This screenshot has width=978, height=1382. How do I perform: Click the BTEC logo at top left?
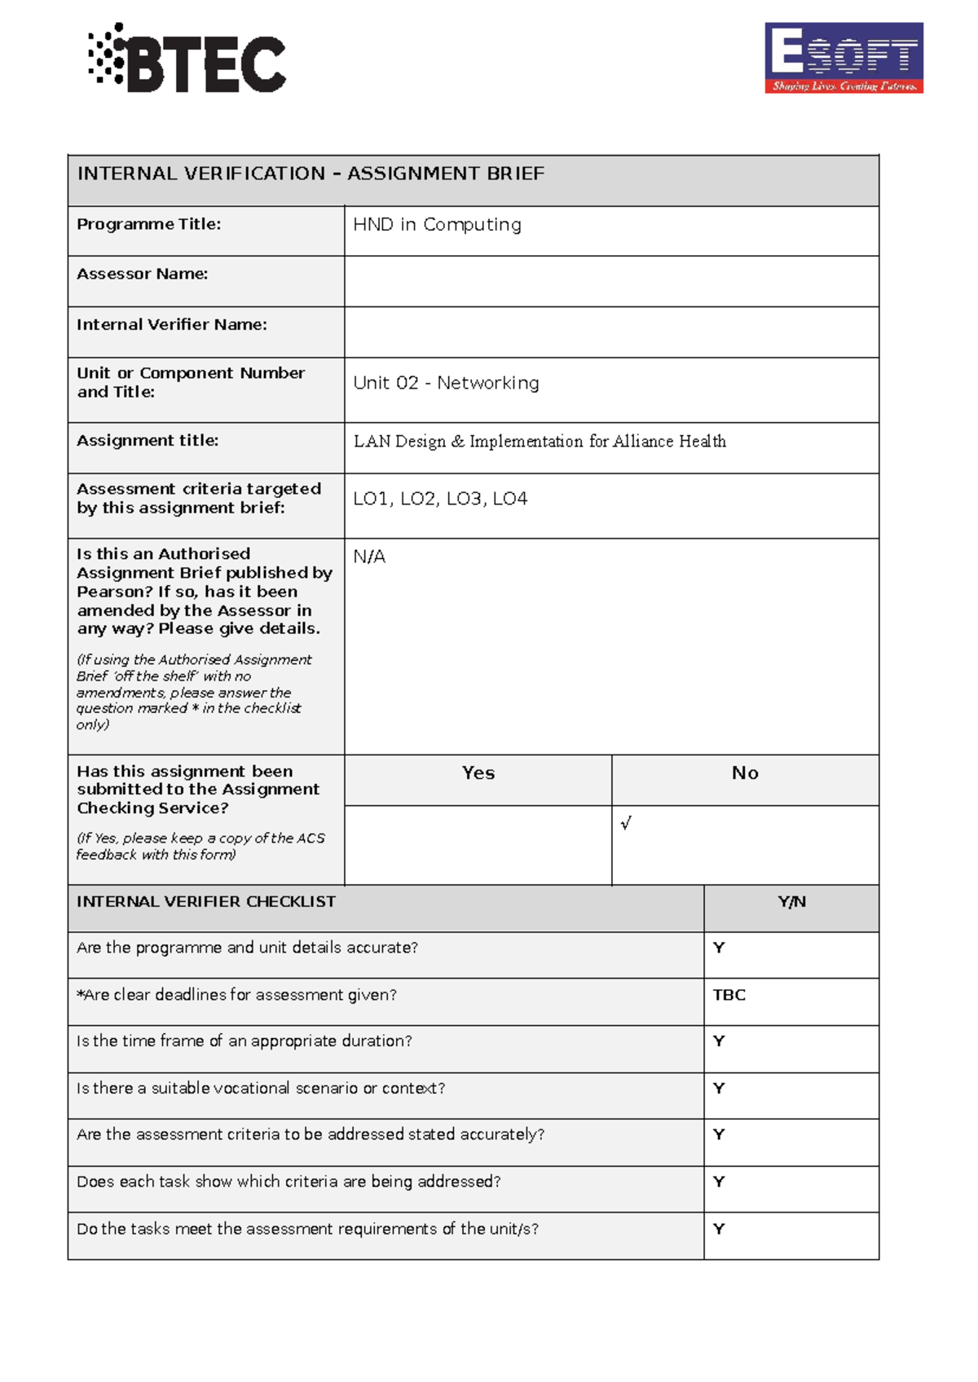pyautogui.click(x=187, y=59)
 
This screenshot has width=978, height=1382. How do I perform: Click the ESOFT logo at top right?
pyautogui.click(x=844, y=58)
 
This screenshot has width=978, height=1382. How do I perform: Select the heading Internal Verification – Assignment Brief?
pyautogui.click(x=311, y=174)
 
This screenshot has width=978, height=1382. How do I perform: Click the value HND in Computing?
pyautogui.click(x=437, y=225)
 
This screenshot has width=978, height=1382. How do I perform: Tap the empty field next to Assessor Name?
pyautogui.click(x=611, y=281)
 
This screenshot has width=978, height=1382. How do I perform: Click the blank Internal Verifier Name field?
pyautogui.click(x=611, y=332)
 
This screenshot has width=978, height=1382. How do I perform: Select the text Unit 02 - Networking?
pyautogui.click(x=446, y=383)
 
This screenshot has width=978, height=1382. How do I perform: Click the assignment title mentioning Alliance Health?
pyautogui.click(x=540, y=442)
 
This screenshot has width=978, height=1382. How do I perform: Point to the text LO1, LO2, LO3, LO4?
pyautogui.click(x=440, y=499)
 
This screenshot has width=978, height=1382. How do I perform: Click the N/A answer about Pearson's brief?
pyautogui.click(x=369, y=557)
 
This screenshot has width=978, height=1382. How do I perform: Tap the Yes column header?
pyautogui.click(x=478, y=773)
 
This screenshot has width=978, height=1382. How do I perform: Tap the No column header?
pyautogui.click(x=745, y=773)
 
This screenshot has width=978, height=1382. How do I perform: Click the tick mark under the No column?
pyautogui.click(x=626, y=823)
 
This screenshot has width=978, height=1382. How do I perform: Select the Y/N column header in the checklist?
pyautogui.click(x=791, y=902)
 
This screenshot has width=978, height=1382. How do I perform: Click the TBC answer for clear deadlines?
pyautogui.click(x=729, y=995)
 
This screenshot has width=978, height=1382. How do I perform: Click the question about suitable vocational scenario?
pyautogui.click(x=261, y=1089)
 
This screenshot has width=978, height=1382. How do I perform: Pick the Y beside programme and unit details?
pyautogui.click(x=719, y=948)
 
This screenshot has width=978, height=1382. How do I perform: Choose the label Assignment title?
pyautogui.click(x=148, y=441)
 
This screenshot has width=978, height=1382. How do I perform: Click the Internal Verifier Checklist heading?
pyautogui.click(x=206, y=902)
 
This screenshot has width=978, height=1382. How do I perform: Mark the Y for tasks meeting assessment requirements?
pyautogui.click(x=719, y=1229)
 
